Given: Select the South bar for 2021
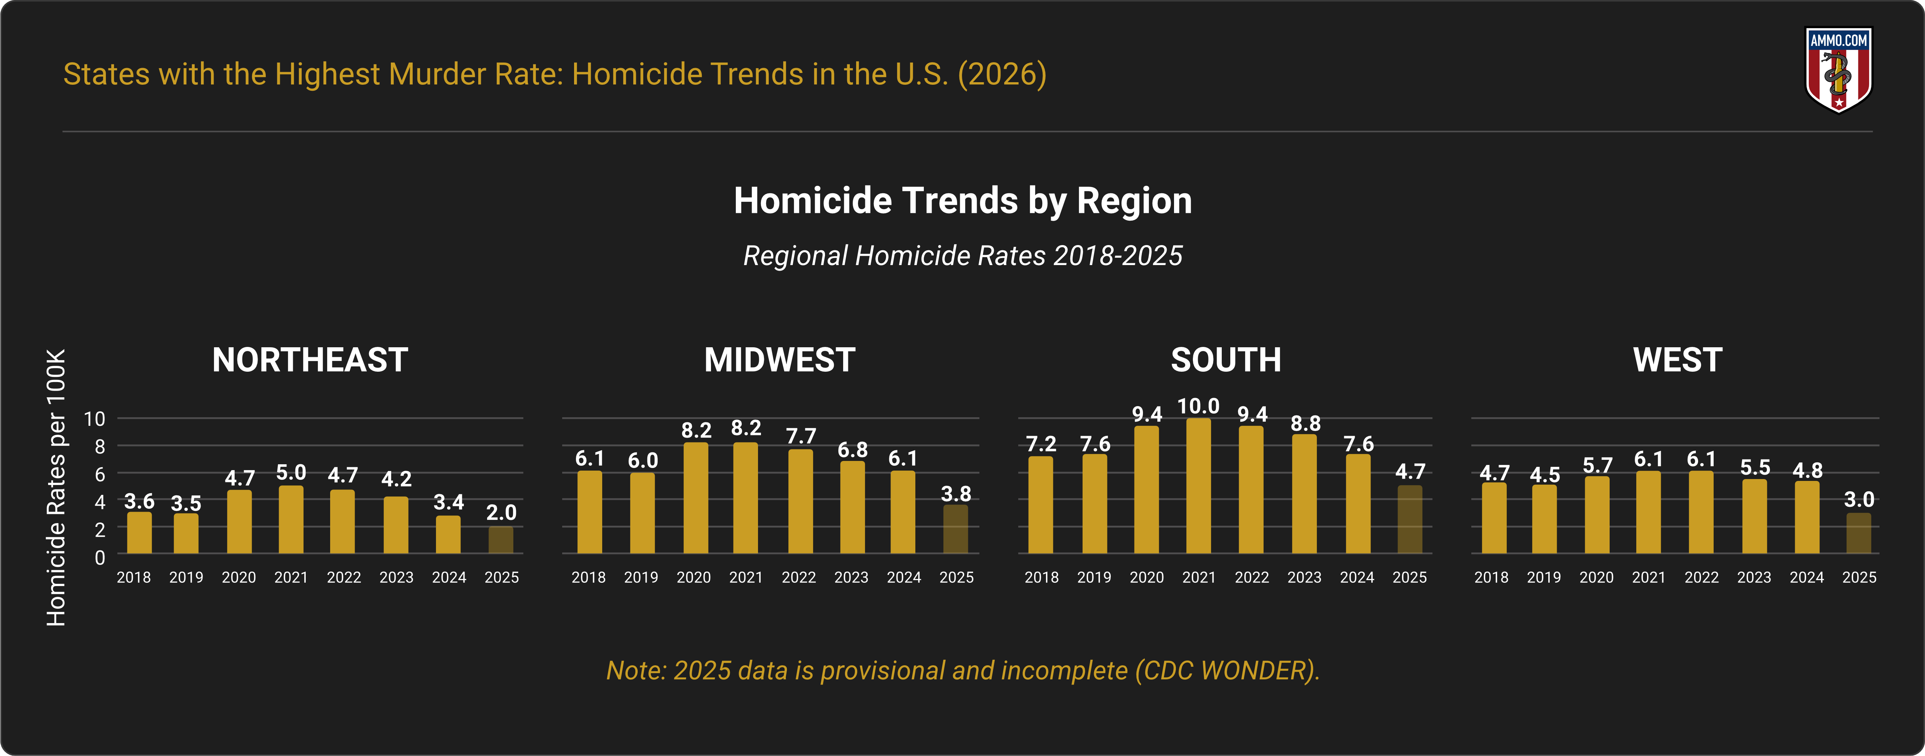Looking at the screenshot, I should [1199, 486].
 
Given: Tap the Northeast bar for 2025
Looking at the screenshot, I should [501, 540].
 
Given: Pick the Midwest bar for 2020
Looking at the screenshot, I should [696, 498].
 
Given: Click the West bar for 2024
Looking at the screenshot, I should [1807, 518].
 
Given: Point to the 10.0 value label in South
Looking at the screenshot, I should [1199, 406].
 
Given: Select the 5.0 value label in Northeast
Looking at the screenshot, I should [291, 473].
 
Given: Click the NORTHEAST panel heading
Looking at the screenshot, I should [310, 360].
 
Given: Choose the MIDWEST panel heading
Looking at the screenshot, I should [779, 360].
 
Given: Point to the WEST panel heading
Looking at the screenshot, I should [1678, 360].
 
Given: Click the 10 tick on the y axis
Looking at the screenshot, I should [95, 419].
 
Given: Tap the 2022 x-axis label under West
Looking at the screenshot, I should [1701, 577].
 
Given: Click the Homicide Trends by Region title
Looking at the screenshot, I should [962, 200].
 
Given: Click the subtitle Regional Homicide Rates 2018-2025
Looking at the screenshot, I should [962, 256].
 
